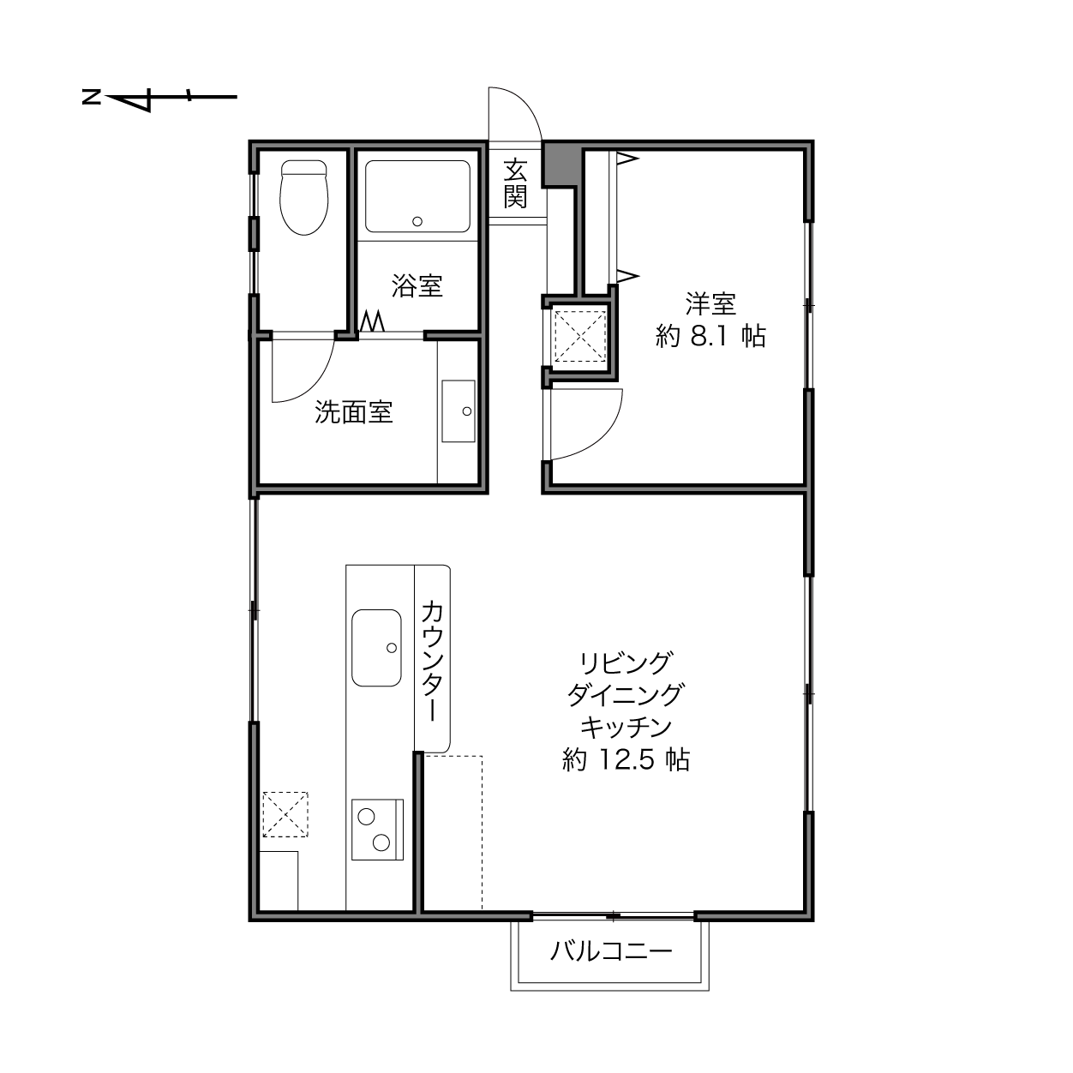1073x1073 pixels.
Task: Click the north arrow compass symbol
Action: tap(159, 98)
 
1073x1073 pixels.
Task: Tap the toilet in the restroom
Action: tap(304, 197)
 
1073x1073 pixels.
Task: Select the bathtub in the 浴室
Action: tap(417, 196)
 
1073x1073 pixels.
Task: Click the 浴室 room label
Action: tap(417, 285)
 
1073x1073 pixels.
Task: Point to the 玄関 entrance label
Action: tap(515, 183)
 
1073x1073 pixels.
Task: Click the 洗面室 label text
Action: tap(354, 412)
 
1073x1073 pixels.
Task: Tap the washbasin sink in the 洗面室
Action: tap(459, 411)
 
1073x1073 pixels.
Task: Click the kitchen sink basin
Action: tap(376, 648)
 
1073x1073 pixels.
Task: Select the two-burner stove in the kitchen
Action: tap(377, 829)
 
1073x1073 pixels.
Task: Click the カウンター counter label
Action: tap(432, 661)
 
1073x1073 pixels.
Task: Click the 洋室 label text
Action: tap(710, 304)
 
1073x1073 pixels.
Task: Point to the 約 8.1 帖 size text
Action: tap(710, 336)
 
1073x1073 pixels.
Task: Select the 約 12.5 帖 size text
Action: tap(626, 759)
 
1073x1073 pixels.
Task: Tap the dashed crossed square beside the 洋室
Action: tap(579, 336)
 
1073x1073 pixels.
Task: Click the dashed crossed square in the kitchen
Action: tap(285, 814)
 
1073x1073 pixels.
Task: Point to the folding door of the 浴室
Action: tap(373, 322)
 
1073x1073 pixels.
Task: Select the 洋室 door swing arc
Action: tap(603, 439)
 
